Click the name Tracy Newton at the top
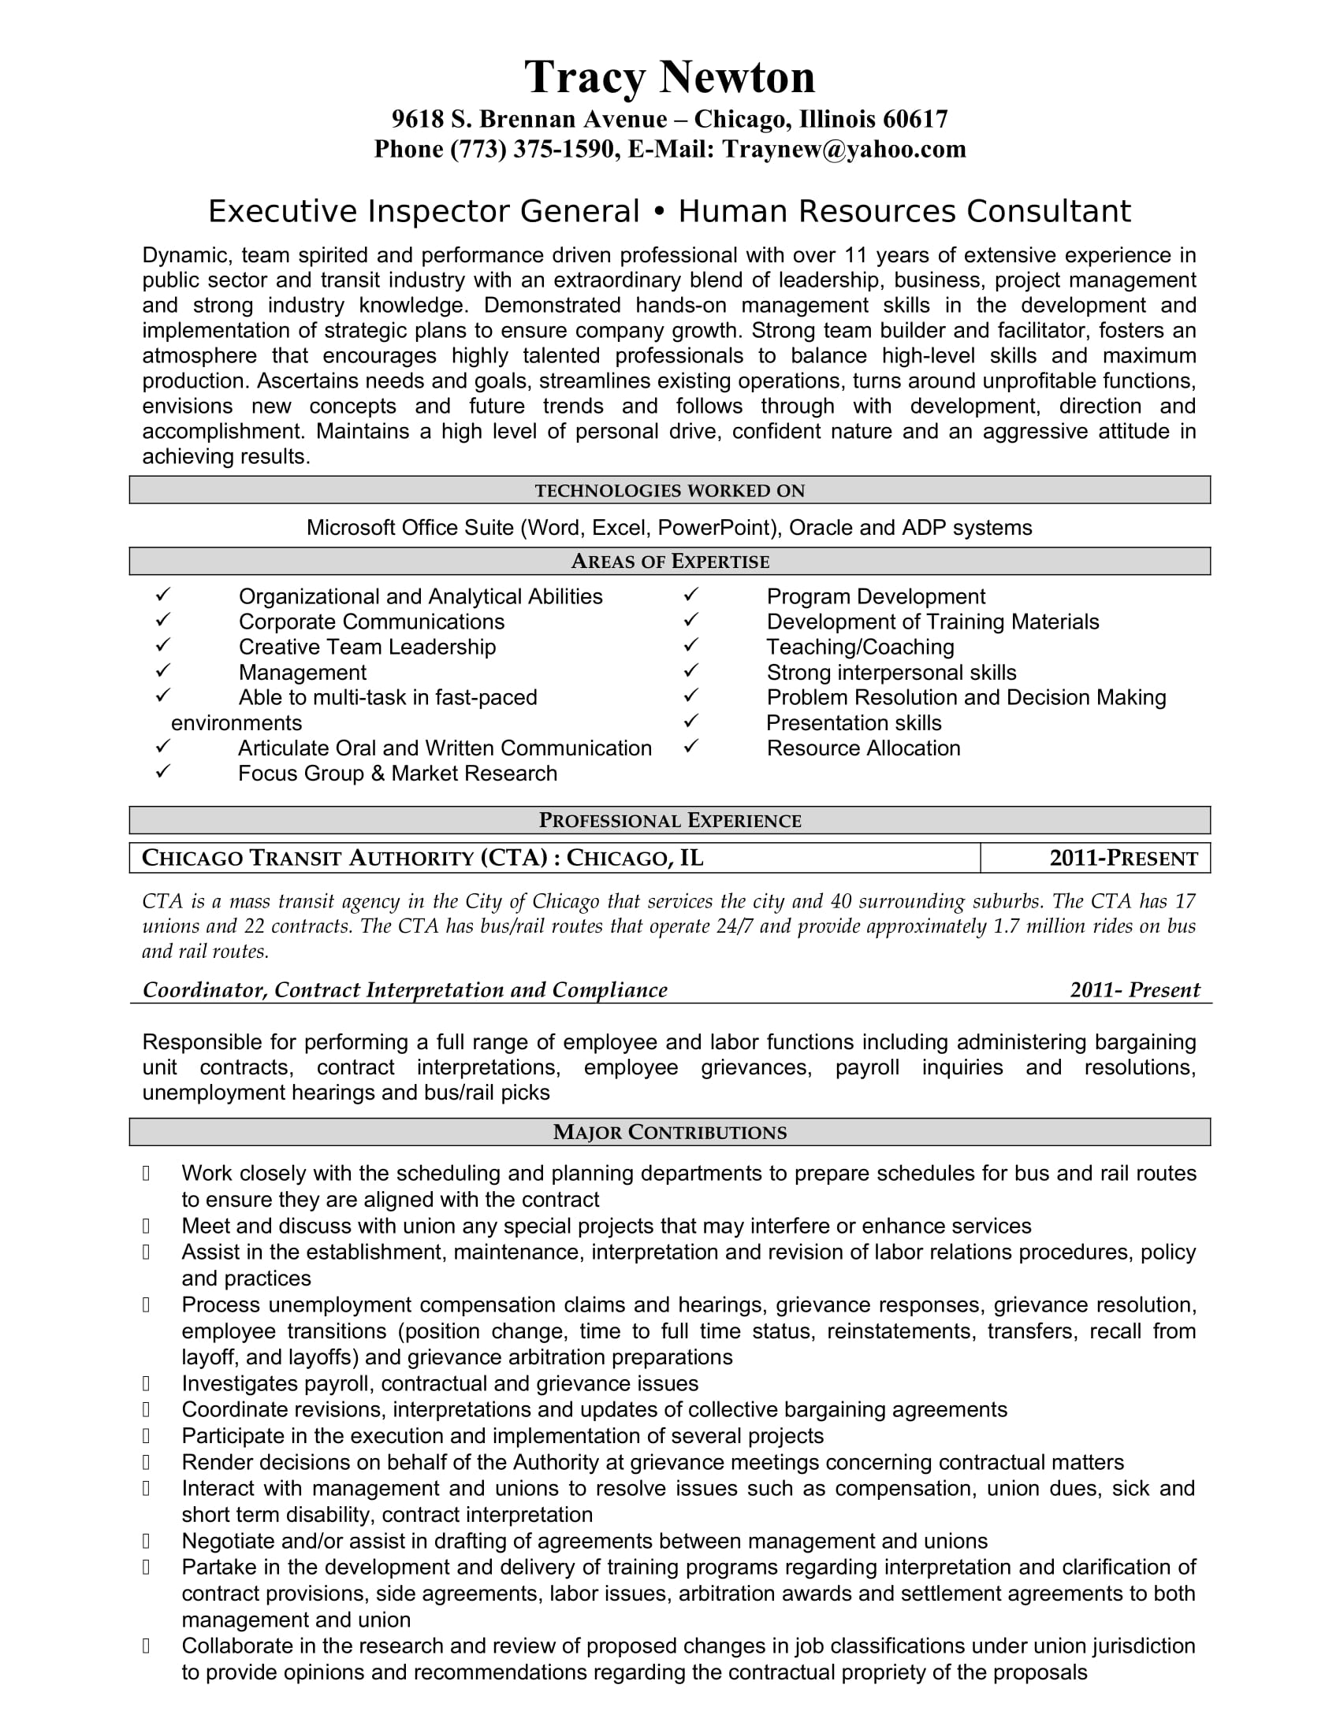click(x=669, y=78)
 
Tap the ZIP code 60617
click(x=915, y=120)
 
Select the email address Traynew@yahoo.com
click(x=844, y=149)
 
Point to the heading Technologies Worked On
click(x=669, y=491)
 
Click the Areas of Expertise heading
click(x=669, y=562)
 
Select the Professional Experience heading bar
click(x=669, y=821)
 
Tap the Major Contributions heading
click(x=669, y=1132)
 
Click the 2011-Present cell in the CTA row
click(x=1122, y=859)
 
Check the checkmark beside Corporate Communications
click(x=163, y=620)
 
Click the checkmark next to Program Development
click(x=691, y=594)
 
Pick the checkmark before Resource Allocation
click(x=691, y=747)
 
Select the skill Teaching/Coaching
click(x=860, y=648)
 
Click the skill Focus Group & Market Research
click(x=397, y=774)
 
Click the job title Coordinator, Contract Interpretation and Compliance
click(x=405, y=990)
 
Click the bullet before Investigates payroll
click(x=146, y=1384)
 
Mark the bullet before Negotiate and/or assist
click(x=146, y=1541)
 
